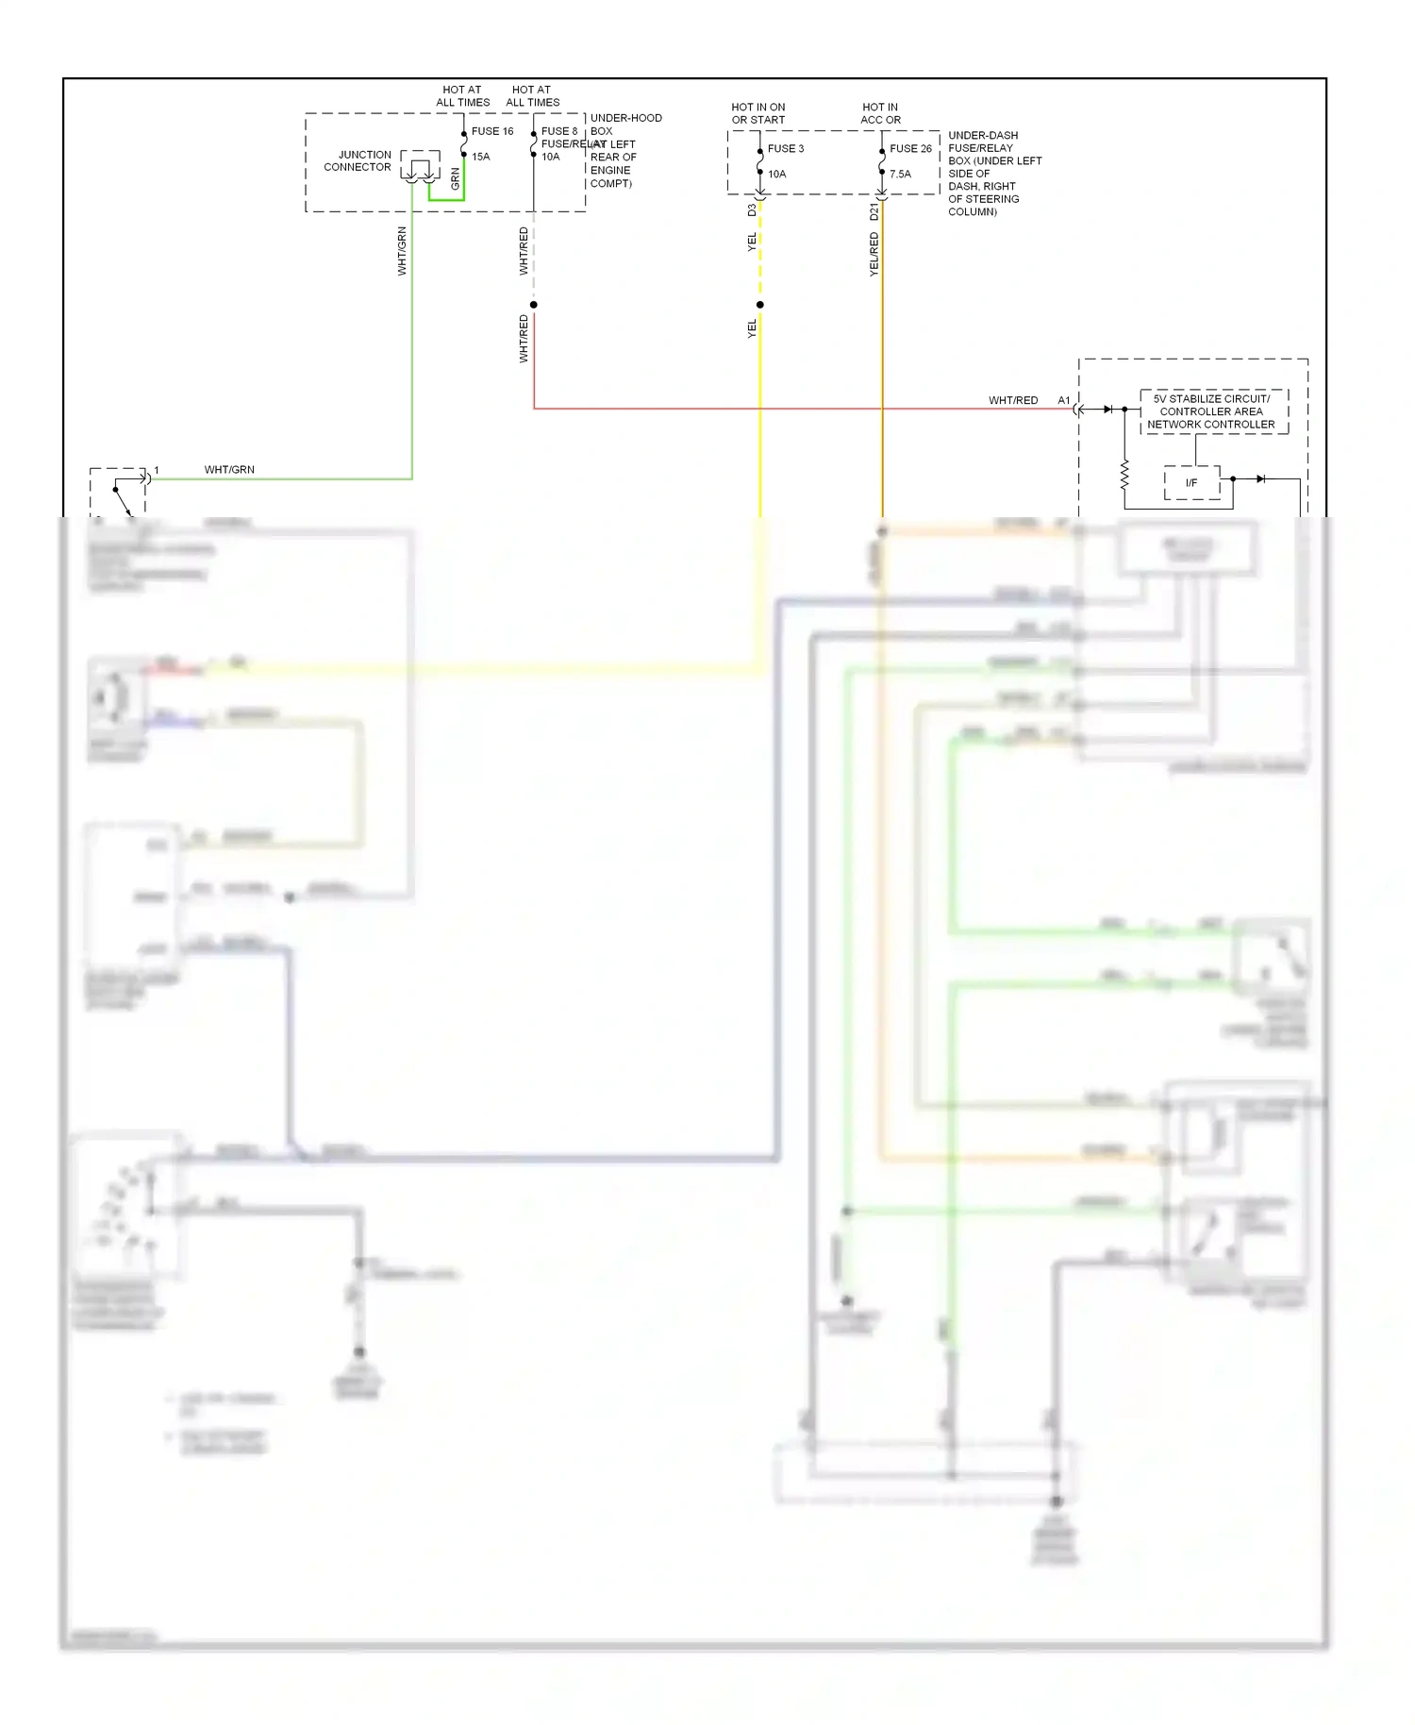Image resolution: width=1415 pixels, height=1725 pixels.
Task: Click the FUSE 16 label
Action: (492, 131)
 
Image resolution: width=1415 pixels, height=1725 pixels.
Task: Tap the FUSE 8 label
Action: (559, 131)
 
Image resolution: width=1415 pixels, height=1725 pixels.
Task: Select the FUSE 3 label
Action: (786, 148)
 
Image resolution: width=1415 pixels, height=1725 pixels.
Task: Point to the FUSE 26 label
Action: (910, 148)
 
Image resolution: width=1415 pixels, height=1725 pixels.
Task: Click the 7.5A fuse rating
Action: (900, 174)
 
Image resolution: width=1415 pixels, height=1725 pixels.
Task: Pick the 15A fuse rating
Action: (481, 157)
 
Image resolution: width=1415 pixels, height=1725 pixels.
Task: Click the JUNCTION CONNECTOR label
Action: (358, 160)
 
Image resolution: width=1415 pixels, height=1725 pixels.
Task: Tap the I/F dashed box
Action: (1191, 482)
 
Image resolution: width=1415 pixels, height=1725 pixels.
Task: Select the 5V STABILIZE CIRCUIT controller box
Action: (1213, 411)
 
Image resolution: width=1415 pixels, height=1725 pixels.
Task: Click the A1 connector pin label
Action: (1064, 400)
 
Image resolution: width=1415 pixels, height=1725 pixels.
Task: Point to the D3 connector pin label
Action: (752, 210)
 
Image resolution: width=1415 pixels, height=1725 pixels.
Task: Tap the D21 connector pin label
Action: (874, 211)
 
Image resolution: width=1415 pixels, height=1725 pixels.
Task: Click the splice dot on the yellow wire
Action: (760, 305)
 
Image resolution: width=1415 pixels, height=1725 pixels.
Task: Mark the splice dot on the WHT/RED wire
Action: (534, 305)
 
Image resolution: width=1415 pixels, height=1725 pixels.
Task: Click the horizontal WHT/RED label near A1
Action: (1013, 400)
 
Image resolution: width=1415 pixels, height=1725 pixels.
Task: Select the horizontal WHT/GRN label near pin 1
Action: (229, 469)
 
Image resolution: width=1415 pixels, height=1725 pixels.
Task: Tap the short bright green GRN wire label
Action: (455, 178)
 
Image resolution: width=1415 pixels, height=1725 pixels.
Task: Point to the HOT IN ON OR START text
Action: (758, 113)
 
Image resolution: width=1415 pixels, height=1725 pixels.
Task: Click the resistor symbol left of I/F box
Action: (1124, 475)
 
